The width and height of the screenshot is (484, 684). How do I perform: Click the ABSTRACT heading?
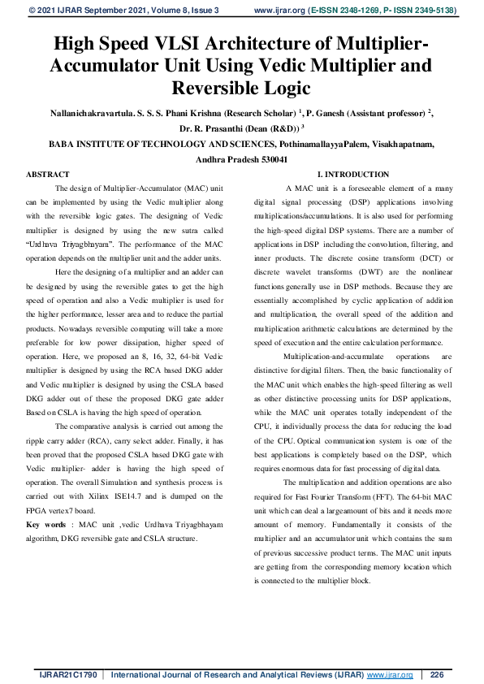point(48,175)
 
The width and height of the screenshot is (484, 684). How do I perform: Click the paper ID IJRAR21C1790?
point(68,674)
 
